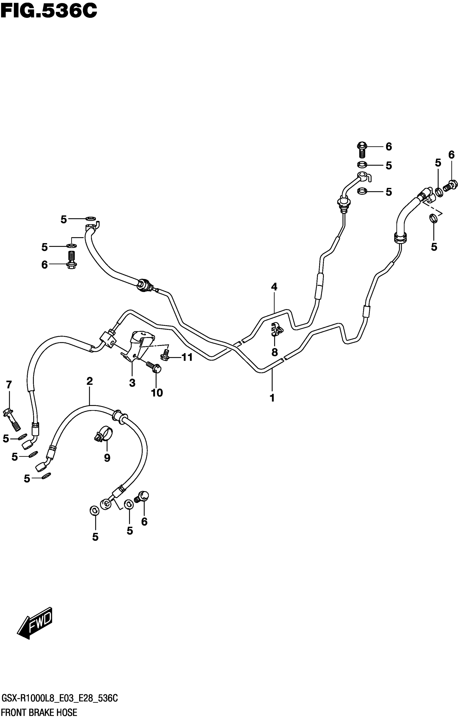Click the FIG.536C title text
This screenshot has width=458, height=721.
click(x=49, y=11)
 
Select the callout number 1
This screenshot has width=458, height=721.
click(x=272, y=398)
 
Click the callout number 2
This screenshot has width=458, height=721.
click(x=89, y=381)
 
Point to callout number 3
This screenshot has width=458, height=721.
click(x=132, y=383)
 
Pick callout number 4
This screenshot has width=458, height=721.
click(x=274, y=287)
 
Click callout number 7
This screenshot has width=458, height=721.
click(x=9, y=384)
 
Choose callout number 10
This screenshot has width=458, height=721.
click(x=157, y=392)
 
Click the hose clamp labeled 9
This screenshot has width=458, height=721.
click(x=103, y=434)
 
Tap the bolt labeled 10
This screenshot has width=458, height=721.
click(x=154, y=367)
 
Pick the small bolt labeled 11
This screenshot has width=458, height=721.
click(x=165, y=355)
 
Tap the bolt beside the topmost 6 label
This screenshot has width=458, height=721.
click(x=362, y=149)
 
